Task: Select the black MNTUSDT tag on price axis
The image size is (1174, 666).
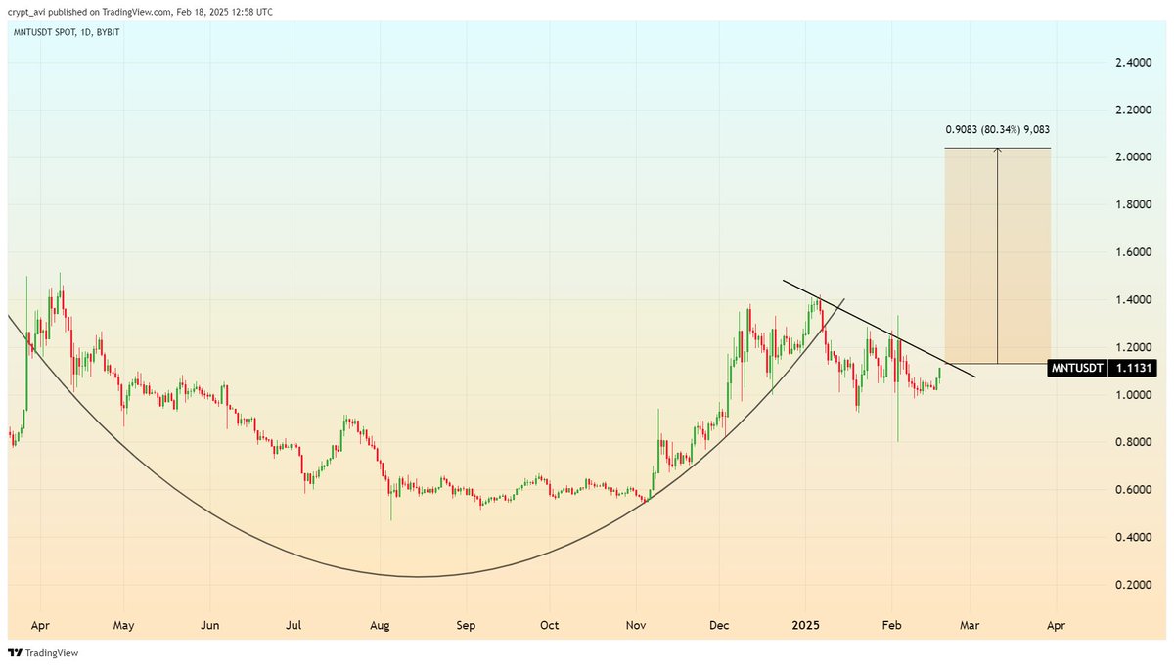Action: click(x=1077, y=369)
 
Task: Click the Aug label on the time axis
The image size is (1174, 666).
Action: click(x=381, y=623)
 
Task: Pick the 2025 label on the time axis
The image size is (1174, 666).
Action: click(x=807, y=623)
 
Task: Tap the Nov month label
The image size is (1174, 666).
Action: click(x=636, y=623)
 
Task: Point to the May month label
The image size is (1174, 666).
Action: click(x=123, y=623)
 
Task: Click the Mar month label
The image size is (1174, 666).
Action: click(x=971, y=623)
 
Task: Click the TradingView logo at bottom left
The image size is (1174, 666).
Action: click(x=43, y=652)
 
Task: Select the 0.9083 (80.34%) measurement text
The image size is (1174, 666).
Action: click(x=998, y=129)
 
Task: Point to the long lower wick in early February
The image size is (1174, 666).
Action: click(x=898, y=421)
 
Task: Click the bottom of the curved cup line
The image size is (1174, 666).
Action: click(x=418, y=576)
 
